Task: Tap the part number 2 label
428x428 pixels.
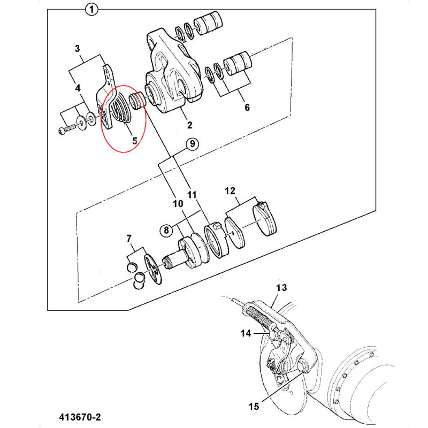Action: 189,126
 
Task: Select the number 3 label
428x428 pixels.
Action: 78,49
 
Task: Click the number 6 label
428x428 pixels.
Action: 247,107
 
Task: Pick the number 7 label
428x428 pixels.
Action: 129,238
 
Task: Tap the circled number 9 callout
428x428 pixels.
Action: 192,144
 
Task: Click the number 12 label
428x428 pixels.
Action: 230,190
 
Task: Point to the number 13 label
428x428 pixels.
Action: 281,288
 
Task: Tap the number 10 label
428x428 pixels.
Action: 177,204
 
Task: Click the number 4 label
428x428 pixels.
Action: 78,87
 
